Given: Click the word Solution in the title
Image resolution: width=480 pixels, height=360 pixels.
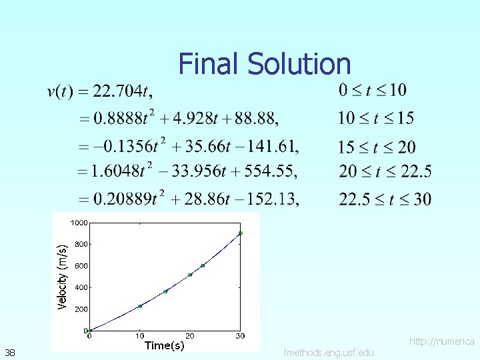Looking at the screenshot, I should [x=299, y=64].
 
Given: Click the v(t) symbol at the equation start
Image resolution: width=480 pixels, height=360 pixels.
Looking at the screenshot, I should [x=60, y=91].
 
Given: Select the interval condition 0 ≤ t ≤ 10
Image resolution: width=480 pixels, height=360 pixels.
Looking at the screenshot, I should [x=372, y=90].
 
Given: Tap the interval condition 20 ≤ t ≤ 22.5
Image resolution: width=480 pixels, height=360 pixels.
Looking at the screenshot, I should [x=385, y=171].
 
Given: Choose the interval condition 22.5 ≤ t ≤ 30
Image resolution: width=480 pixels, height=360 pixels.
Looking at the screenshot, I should [x=385, y=199].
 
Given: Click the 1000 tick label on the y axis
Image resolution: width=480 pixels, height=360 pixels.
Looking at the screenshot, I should [x=79, y=223].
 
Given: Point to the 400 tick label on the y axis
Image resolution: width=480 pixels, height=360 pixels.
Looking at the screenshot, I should [x=81, y=287].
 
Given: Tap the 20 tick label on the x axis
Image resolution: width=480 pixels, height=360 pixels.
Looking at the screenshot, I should [x=190, y=335].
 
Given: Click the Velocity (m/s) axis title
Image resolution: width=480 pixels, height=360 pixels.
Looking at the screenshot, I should [x=62, y=276].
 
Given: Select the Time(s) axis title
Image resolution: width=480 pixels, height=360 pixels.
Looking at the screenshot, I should [x=164, y=345].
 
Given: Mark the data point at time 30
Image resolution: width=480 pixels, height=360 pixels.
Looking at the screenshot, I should [x=240, y=233].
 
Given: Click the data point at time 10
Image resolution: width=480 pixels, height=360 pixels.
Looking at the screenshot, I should [x=140, y=306].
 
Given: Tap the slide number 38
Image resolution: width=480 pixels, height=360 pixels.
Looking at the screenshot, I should [x=10, y=352].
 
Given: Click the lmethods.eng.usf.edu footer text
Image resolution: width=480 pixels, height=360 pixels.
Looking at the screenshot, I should [x=329, y=352].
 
